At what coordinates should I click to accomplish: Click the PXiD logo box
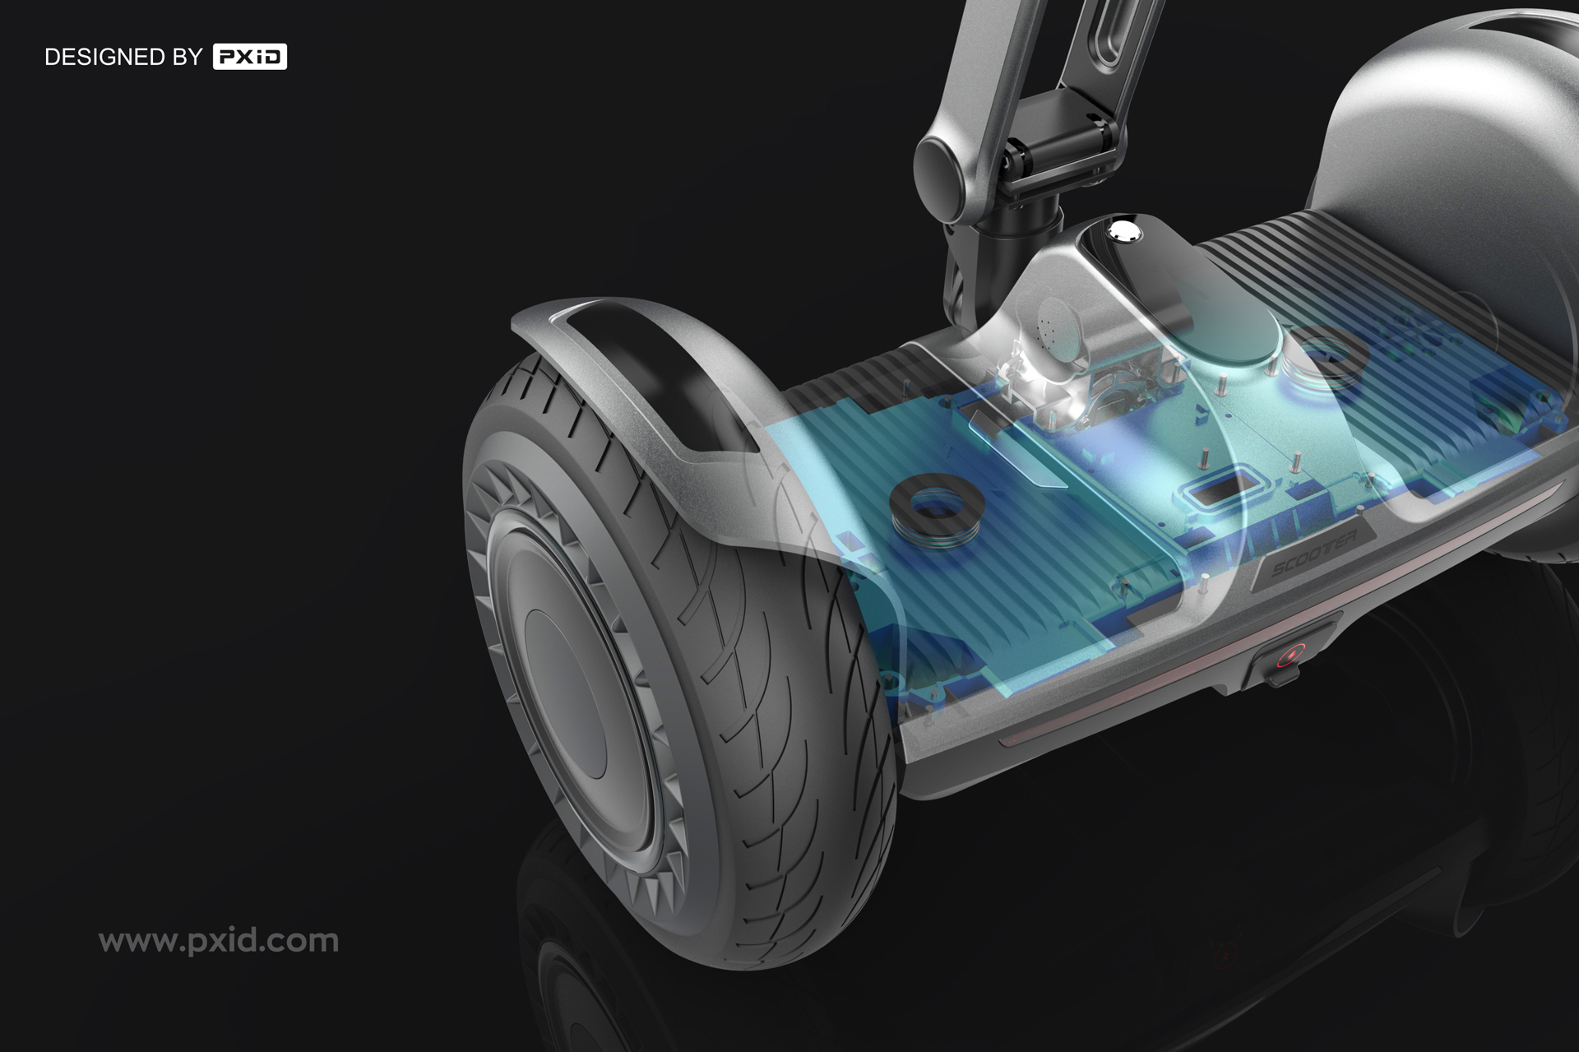click(x=249, y=57)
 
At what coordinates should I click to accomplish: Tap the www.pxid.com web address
click(x=219, y=940)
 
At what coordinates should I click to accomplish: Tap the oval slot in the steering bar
click(x=1117, y=33)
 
